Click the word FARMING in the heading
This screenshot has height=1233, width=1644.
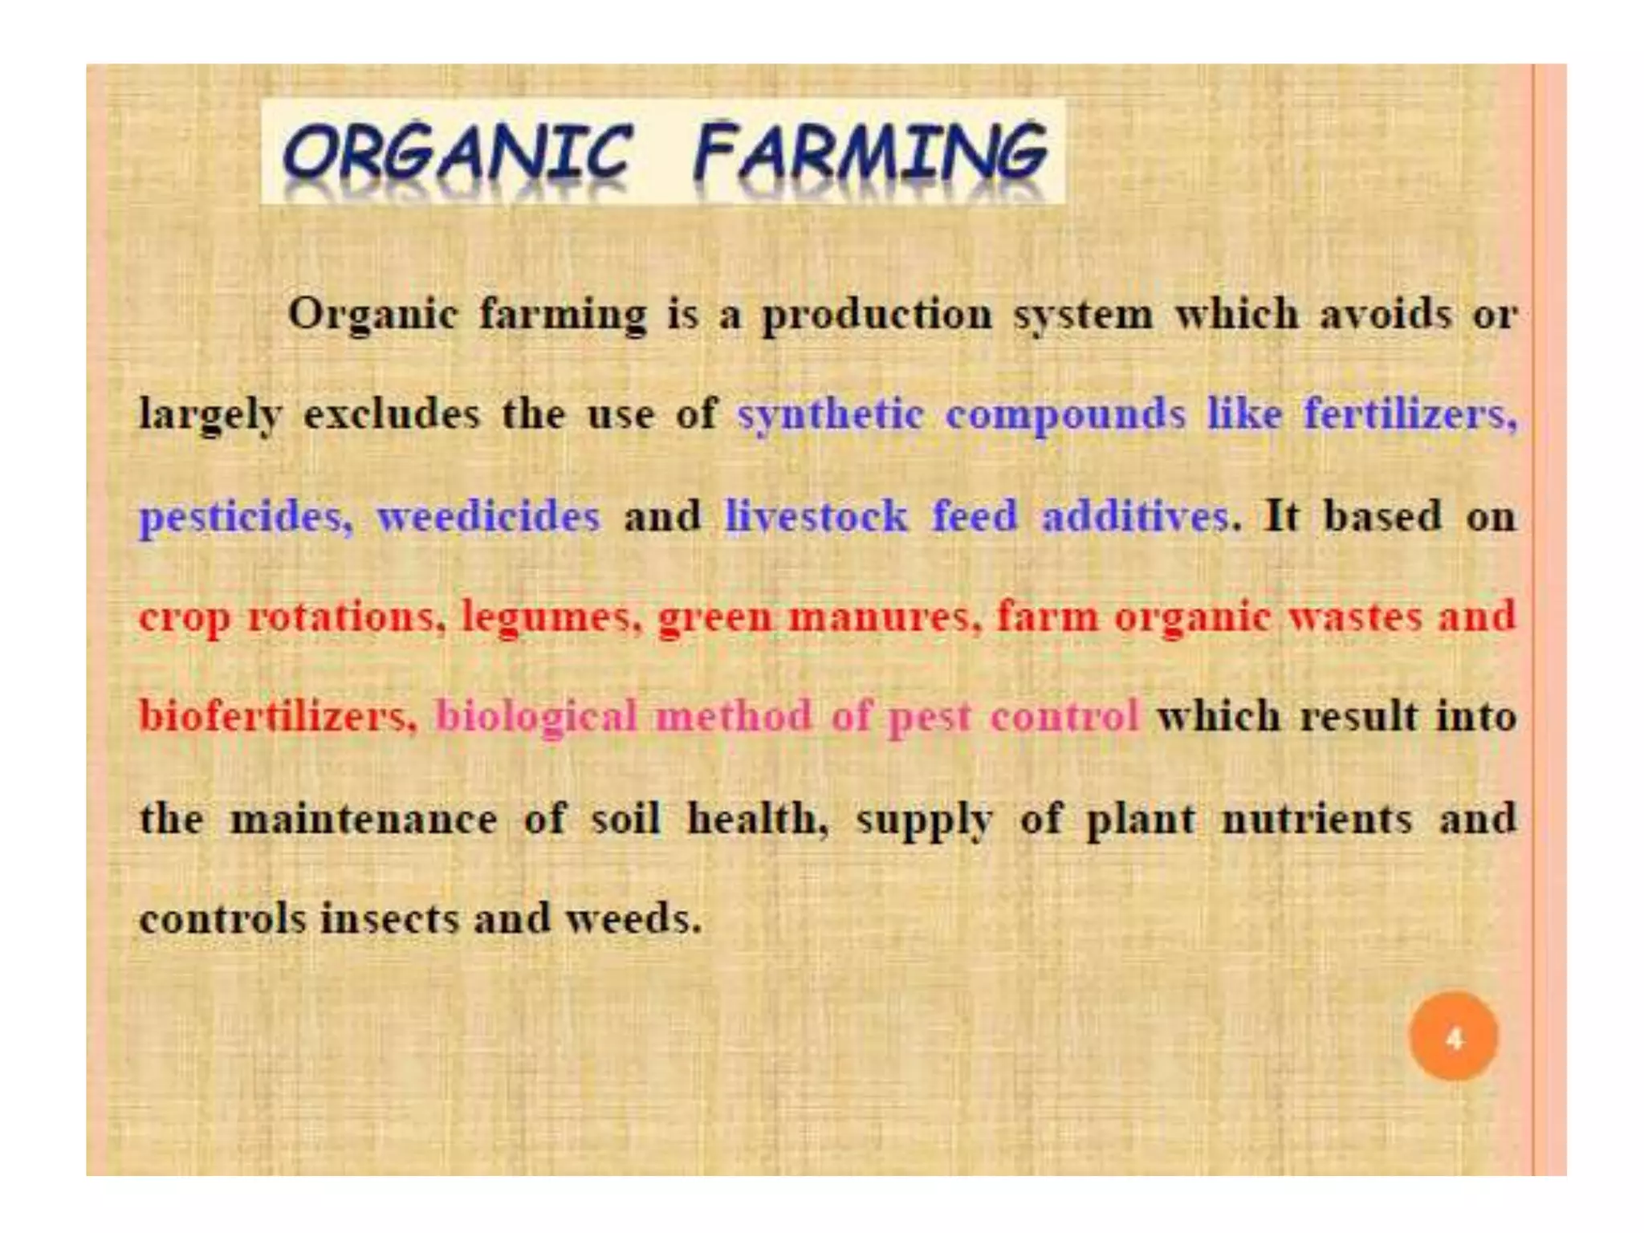coord(870,153)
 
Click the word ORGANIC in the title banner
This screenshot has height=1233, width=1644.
coord(458,153)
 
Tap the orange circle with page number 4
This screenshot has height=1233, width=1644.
coord(1453,1037)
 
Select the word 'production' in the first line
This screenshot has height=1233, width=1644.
coord(877,315)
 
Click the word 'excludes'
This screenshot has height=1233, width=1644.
coord(392,414)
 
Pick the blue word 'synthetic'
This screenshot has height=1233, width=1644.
coord(830,416)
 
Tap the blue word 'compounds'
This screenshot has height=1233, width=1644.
coord(1065,416)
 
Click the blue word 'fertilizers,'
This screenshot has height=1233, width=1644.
coord(1410,414)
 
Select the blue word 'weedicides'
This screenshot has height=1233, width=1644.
coord(488,515)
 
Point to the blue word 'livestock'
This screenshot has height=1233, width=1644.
coord(816,515)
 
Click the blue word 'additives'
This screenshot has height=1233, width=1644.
coord(1135,515)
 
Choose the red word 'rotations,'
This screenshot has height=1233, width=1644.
coord(346,616)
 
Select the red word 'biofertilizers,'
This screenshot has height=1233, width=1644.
coord(278,716)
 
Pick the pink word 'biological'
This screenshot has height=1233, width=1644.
coord(535,718)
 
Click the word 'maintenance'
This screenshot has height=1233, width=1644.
coord(364,819)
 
